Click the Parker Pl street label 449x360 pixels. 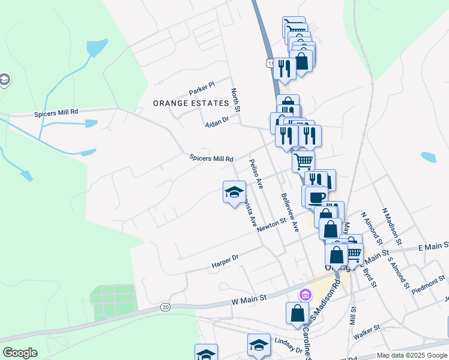(202, 89)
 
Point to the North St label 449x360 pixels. (235, 100)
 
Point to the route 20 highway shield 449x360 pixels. (165, 307)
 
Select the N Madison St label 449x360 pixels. (391, 227)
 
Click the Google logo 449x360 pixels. (20, 353)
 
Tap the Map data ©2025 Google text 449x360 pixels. (412, 355)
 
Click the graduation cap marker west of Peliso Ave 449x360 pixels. (234, 192)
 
